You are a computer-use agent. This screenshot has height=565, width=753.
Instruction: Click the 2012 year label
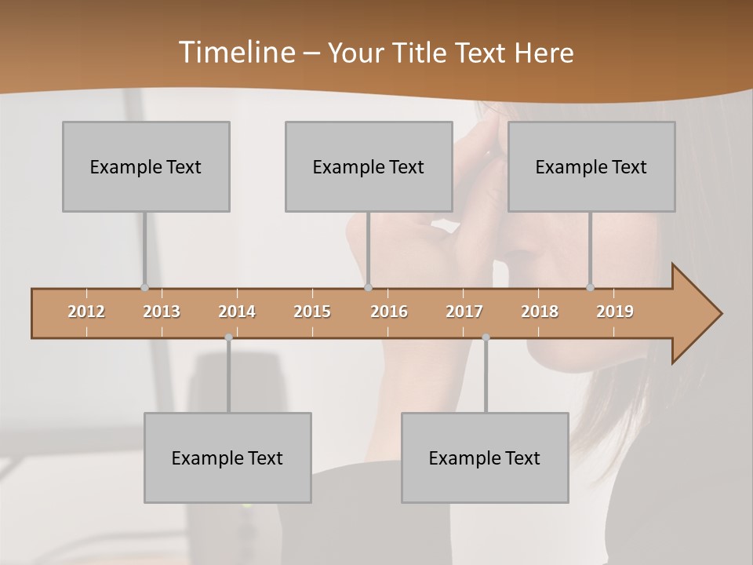click(86, 312)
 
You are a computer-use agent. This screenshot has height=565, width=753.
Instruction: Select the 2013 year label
click(162, 312)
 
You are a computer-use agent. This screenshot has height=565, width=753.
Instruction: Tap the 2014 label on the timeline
click(237, 312)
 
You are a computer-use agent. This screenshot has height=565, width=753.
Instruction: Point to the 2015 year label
click(312, 312)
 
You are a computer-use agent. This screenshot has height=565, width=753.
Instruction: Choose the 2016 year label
click(389, 312)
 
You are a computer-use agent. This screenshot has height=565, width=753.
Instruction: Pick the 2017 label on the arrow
click(464, 312)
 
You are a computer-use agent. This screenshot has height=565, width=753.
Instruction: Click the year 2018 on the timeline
click(540, 312)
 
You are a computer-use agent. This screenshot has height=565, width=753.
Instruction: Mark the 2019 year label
click(615, 312)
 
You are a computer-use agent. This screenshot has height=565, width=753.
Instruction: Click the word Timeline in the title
click(235, 53)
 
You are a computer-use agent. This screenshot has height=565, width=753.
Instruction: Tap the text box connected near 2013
click(146, 166)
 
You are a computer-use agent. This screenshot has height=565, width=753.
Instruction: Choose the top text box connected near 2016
click(369, 166)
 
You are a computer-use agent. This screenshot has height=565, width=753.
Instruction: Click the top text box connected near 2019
click(591, 166)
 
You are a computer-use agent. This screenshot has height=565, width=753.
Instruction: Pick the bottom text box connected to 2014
click(227, 457)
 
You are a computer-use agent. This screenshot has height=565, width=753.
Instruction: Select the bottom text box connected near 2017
click(485, 457)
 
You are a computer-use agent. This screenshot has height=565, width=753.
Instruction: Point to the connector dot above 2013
click(144, 287)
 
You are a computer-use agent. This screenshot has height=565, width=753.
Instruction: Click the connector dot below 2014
click(228, 337)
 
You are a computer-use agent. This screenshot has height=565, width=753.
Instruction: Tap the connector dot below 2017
click(486, 337)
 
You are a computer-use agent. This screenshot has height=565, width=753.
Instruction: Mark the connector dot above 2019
click(590, 287)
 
